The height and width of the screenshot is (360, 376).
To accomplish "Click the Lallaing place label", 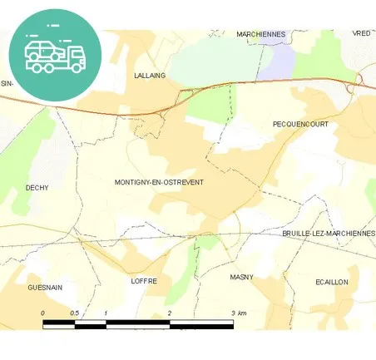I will [x=150, y=75].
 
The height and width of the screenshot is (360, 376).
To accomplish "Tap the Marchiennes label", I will [x=260, y=34].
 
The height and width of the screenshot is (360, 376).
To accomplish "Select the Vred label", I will [x=361, y=33].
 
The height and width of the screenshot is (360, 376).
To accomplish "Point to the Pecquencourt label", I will [x=300, y=124].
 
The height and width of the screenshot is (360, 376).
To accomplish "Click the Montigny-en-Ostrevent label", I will [x=159, y=182].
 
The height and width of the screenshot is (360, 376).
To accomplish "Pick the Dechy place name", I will [x=37, y=188].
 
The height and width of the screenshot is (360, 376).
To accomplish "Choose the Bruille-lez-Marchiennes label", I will [x=328, y=234].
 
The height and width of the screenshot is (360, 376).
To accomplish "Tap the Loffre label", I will [x=144, y=281].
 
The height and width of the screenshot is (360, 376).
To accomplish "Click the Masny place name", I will [x=241, y=277].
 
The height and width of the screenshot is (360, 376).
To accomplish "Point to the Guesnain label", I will [x=45, y=288].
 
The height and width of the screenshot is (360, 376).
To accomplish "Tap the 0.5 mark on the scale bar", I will [x=74, y=313].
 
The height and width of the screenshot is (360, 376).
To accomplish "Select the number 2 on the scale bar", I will [x=170, y=313].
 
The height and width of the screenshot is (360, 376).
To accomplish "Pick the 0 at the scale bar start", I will [x=42, y=313].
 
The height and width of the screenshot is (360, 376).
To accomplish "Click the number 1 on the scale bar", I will [x=106, y=313].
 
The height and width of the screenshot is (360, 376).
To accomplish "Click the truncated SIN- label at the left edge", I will [x=7, y=83].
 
